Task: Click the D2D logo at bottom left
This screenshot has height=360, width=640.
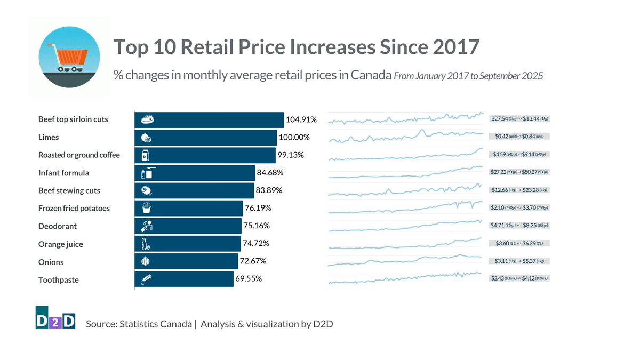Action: coord(55,318)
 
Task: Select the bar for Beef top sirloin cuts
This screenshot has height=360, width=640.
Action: coord(209,119)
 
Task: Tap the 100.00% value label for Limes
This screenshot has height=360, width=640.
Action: coord(294,138)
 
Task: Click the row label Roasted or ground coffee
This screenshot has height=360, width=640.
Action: coord(79,155)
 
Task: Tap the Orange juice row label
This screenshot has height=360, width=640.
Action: coord(60,244)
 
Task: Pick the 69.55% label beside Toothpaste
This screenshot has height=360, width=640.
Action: coord(248,278)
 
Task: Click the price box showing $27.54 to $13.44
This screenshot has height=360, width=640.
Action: coord(519,118)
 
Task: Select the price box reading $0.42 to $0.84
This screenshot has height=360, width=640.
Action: coord(519,136)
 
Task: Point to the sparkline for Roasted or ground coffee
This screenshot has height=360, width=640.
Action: coord(405,155)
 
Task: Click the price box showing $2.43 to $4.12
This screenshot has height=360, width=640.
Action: coord(519,278)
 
